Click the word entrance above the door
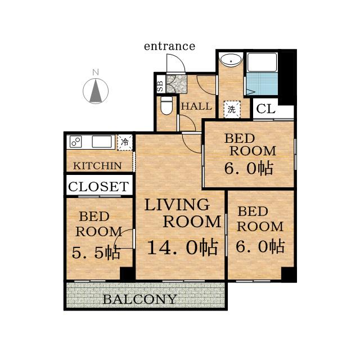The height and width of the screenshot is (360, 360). [x=169, y=46]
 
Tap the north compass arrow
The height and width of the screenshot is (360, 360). [x=96, y=91]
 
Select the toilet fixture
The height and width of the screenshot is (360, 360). [x=166, y=105]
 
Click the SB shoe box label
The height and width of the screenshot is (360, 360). [x=160, y=86]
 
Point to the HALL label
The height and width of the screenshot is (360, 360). [x=196, y=106]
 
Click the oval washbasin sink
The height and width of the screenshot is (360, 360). [x=231, y=61]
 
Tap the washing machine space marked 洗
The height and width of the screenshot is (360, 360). [x=232, y=109]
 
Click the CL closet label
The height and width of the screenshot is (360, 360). [x=265, y=109]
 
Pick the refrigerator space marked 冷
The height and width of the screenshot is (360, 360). [x=125, y=142]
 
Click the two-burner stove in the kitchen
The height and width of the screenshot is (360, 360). [x=76, y=142]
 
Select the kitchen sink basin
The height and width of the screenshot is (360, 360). [x=102, y=142]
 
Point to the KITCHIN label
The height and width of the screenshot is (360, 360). [x=97, y=166]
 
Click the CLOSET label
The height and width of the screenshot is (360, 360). [x=99, y=186]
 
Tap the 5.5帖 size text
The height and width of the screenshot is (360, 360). [x=96, y=253]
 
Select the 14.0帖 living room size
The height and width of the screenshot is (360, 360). [x=182, y=247]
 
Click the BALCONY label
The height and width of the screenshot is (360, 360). [x=139, y=299]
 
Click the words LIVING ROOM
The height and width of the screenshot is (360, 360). [x=183, y=213]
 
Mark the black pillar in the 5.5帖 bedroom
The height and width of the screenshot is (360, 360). [x=127, y=274]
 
